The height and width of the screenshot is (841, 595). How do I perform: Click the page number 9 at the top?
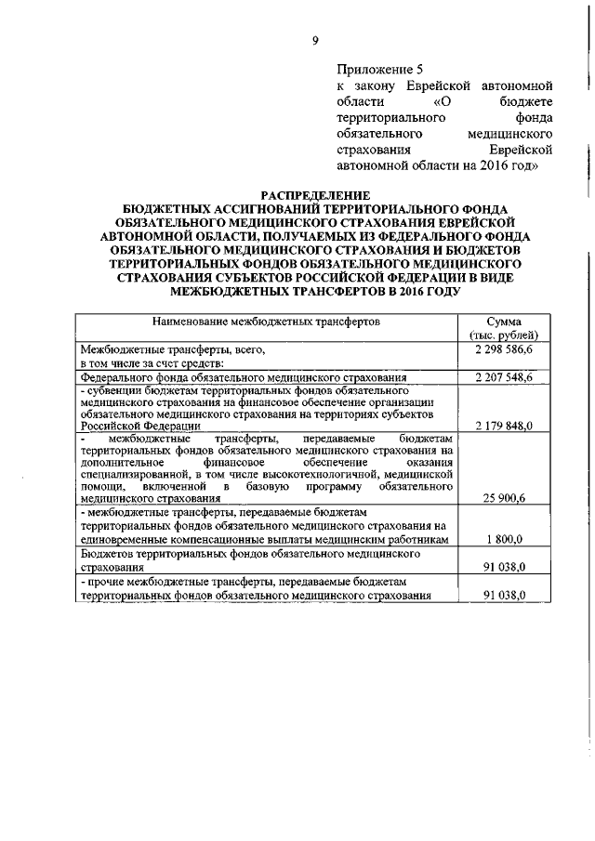pyautogui.click(x=315, y=39)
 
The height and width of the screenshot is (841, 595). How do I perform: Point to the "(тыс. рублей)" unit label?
pyautogui.click(x=502, y=335)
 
